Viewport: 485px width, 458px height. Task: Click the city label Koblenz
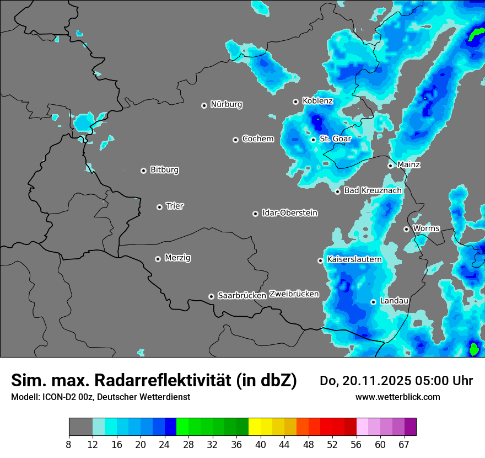click(x=317, y=101)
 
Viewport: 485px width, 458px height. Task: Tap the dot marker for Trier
click(x=160, y=207)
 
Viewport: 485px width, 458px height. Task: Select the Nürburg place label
click(x=226, y=104)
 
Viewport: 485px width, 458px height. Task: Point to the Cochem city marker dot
click(x=235, y=140)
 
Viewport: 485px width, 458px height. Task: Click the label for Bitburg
click(x=164, y=170)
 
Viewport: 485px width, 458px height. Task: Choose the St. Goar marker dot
click(x=313, y=140)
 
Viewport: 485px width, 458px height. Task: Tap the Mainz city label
click(x=408, y=164)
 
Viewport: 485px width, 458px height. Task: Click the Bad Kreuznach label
click(x=373, y=190)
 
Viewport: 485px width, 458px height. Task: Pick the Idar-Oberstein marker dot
click(x=255, y=214)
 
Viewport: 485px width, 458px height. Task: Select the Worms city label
click(x=426, y=228)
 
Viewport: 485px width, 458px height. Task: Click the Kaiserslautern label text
click(x=354, y=259)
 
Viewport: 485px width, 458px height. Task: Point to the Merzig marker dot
click(x=158, y=259)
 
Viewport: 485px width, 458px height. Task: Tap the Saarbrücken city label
click(x=241, y=295)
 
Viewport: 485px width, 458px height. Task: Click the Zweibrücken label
click(x=294, y=294)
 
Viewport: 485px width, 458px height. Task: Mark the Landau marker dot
click(x=373, y=302)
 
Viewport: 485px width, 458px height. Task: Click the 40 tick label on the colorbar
click(x=261, y=444)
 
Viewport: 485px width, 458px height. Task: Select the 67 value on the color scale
click(x=405, y=444)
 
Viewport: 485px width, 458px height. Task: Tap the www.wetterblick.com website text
click(x=397, y=397)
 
